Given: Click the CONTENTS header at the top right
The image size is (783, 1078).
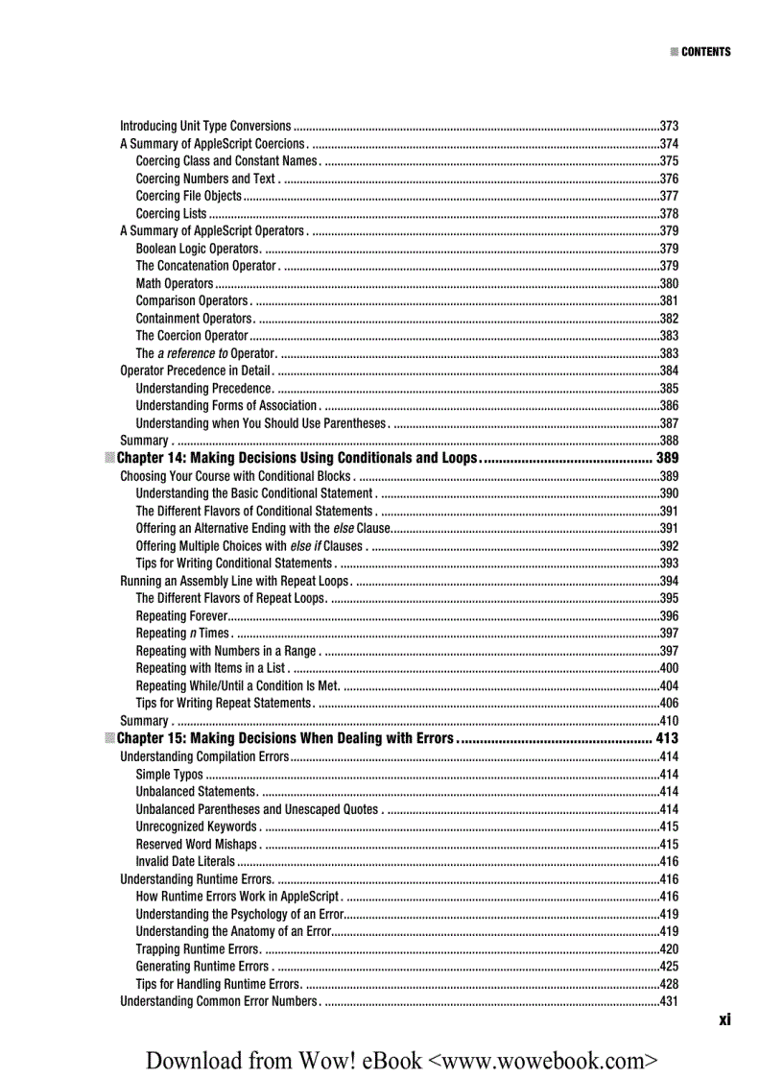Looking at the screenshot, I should click(x=705, y=52).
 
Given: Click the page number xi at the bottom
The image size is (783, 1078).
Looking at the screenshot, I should click(x=724, y=1019).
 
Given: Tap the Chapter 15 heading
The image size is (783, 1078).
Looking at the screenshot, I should click(x=284, y=738).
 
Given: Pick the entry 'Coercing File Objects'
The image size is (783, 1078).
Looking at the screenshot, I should click(x=189, y=196).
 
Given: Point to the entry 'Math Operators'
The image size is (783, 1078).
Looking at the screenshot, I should click(x=175, y=283).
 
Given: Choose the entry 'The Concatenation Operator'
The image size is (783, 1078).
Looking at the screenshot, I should click(x=205, y=266).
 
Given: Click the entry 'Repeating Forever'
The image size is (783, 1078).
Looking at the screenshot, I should click(x=181, y=615).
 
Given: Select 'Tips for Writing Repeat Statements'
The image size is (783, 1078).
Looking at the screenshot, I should click(x=224, y=703).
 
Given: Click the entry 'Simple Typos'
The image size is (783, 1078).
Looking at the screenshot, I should click(x=170, y=774).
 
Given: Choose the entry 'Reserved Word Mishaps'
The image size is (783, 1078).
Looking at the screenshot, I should click(x=197, y=844).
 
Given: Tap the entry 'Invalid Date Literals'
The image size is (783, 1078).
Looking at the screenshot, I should click(x=185, y=861).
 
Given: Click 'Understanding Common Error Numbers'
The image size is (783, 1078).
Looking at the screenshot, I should click(x=218, y=1001).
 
